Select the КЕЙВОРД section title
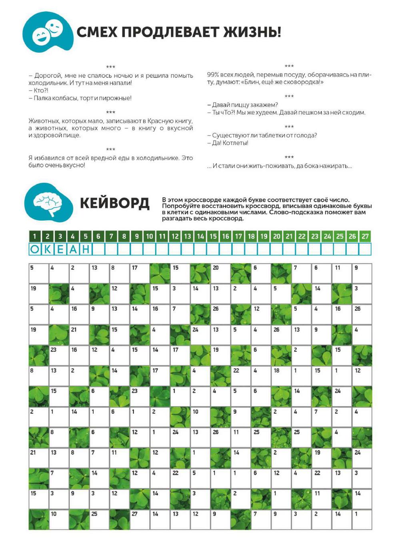click(x=115, y=203)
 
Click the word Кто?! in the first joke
click(x=40, y=90)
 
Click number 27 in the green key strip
click(x=365, y=236)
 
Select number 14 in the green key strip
click(x=200, y=236)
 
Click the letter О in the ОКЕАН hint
click(x=35, y=250)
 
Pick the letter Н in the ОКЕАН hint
click(x=86, y=250)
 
